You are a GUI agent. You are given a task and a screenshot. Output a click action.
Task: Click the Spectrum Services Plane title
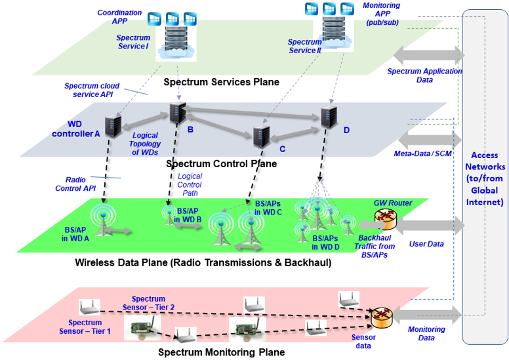pos(221,82)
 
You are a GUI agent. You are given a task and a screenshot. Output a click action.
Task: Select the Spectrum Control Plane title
pos(222,163)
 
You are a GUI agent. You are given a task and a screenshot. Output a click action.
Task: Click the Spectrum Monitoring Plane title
pos(222,352)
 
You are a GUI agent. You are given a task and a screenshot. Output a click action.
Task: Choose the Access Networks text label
pos(486,179)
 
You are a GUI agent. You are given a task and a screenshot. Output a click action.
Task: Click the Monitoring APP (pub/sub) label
pos(382,14)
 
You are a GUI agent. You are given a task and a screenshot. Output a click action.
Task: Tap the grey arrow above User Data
pos(429,226)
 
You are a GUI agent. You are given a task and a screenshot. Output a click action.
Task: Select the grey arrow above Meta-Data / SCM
pos(429,139)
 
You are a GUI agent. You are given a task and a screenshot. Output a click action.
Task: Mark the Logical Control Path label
pos(190,186)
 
